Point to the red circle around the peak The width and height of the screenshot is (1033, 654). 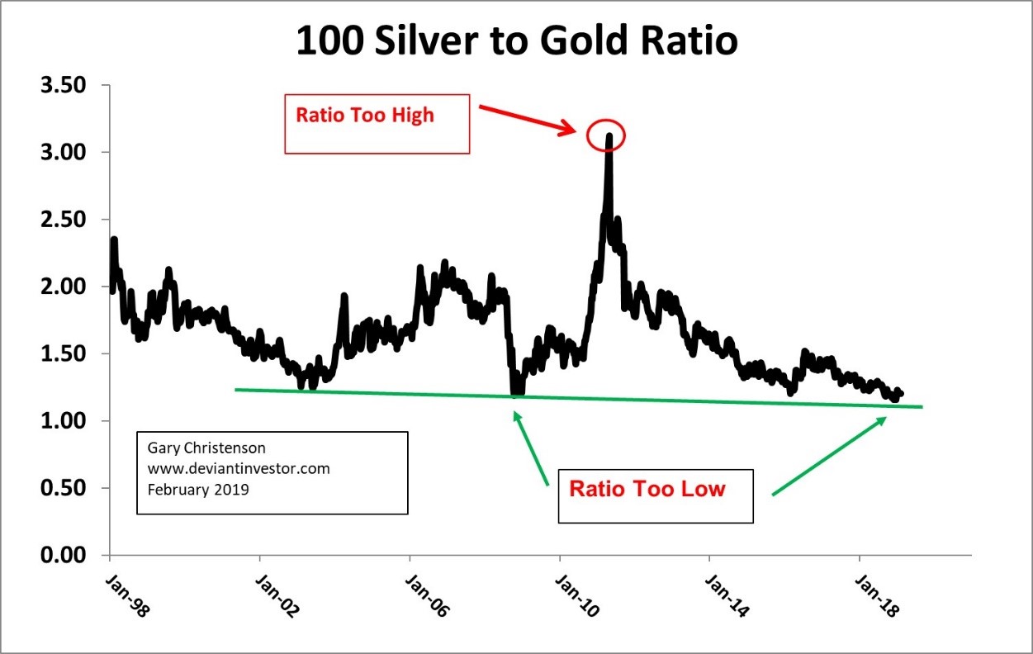(x=608, y=135)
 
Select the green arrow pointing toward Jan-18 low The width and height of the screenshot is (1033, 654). (x=829, y=456)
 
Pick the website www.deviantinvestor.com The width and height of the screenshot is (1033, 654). (x=239, y=468)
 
